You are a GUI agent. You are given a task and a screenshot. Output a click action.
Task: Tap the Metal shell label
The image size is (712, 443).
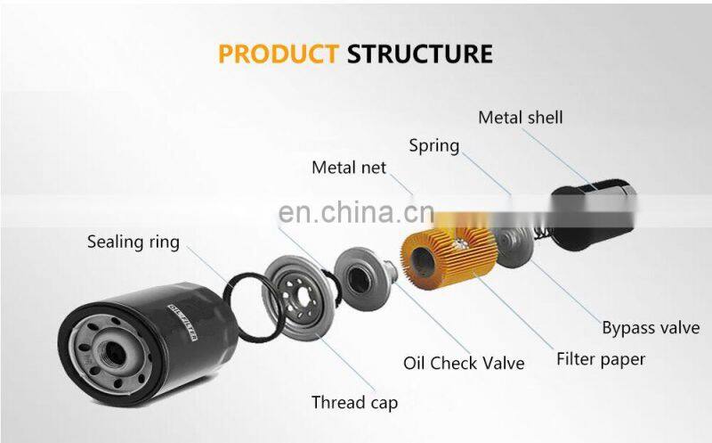[521, 118]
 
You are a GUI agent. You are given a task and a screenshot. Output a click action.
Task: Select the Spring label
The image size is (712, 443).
[433, 145]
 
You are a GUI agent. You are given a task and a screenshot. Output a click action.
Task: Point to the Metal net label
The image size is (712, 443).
[349, 168]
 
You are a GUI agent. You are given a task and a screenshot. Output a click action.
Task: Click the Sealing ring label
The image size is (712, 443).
[133, 242]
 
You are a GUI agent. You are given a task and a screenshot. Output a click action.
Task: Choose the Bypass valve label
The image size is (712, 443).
[651, 328]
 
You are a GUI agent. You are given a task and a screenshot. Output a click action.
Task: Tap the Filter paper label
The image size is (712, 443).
[601, 359]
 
